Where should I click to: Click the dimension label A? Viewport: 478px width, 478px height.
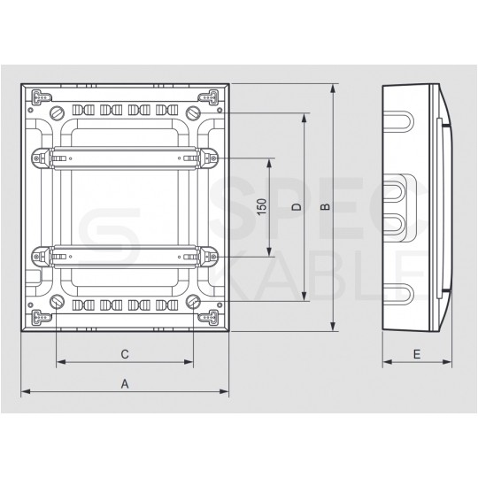point(125,383)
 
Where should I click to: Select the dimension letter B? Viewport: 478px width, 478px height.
point(325,206)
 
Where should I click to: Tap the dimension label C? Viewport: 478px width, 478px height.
point(125,354)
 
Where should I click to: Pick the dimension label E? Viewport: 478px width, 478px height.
point(416,354)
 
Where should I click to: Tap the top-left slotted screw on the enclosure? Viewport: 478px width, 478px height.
point(58,113)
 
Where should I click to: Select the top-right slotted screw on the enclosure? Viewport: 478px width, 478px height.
point(192,113)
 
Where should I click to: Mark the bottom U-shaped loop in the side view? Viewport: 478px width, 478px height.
point(397,295)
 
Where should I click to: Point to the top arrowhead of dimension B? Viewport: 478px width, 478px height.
point(332,89)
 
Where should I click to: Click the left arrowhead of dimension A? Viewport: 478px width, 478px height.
point(25,391)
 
